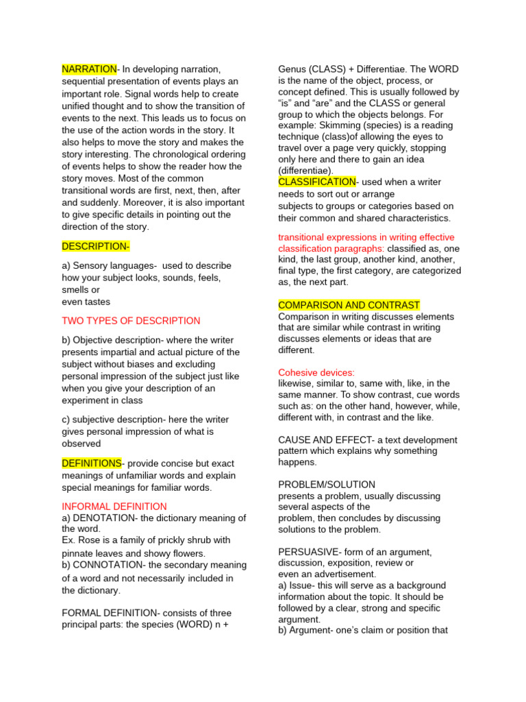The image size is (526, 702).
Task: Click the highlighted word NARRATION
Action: pos(89,69)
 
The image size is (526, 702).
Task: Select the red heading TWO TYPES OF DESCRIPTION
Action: pos(131,321)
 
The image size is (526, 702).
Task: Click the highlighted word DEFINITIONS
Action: pos(92,463)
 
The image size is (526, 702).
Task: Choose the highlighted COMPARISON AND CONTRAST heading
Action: pos(349,305)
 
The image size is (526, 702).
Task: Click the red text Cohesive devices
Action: pos(316,372)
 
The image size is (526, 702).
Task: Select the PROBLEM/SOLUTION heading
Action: pos(327,485)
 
